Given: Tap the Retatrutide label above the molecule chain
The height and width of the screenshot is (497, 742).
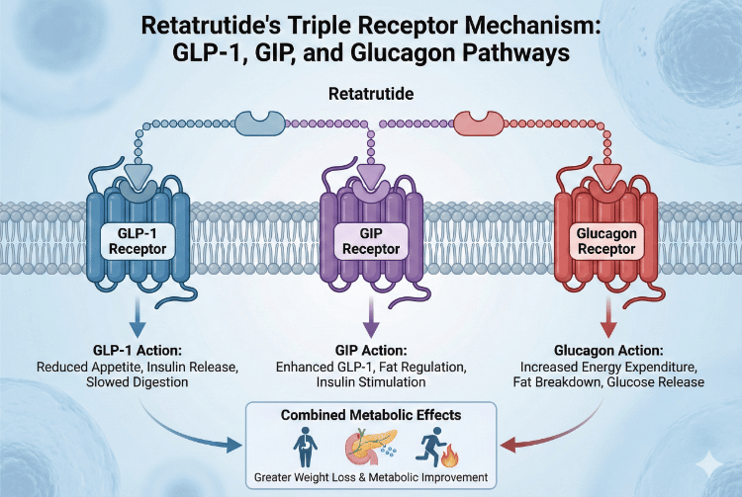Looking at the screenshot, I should pos(371,96).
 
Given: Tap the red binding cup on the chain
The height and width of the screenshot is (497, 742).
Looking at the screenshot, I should pos(484,124).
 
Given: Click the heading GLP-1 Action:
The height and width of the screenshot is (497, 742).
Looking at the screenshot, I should pos(134,350).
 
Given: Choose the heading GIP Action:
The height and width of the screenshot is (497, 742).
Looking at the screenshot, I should pos(371,350).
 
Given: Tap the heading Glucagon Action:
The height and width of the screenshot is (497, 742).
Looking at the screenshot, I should pos(604,350).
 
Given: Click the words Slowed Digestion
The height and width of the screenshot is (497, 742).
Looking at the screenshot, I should pos(134,382).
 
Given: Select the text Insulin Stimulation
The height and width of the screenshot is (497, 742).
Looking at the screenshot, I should pos(371,382).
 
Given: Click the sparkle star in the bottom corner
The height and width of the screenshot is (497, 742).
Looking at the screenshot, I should pos(708,461).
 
